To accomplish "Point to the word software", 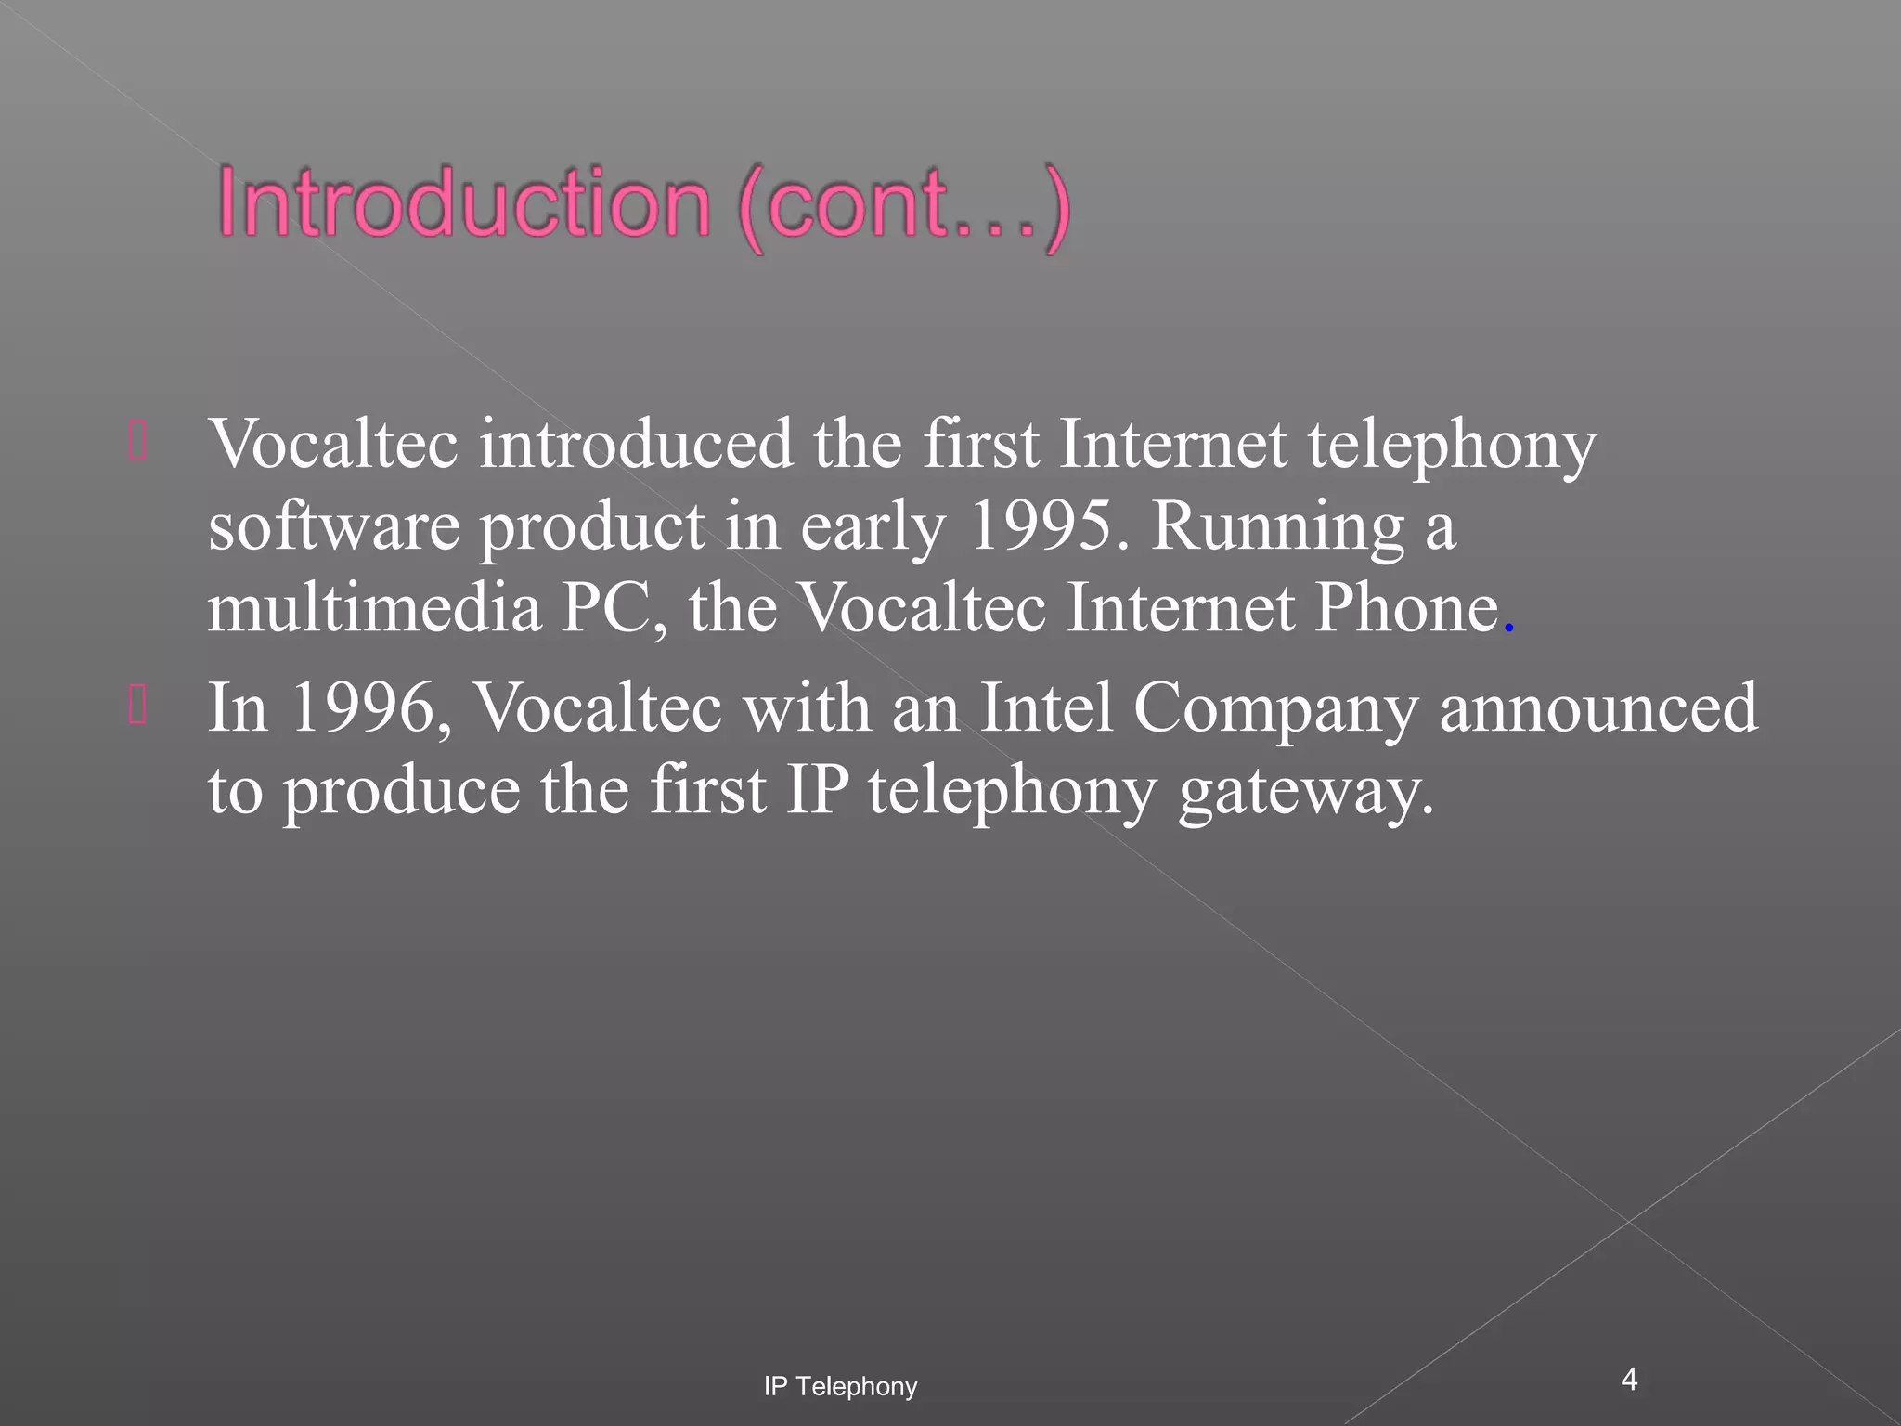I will (333, 527).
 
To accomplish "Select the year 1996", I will (362, 708).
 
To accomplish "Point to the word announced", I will (1598, 708).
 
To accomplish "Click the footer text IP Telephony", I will (840, 1387).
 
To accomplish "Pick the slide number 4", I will (1629, 1380).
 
